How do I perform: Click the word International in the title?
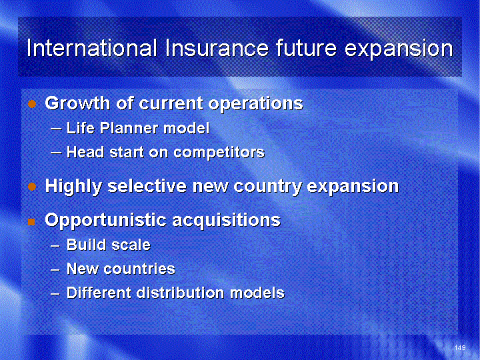pyautogui.click(x=92, y=48)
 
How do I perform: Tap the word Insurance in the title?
pyautogui.click(x=217, y=48)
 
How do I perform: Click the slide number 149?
pyautogui.click(x=460, y=347)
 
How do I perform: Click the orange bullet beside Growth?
pyautogui.click(x=32, y=104)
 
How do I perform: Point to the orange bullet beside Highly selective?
pyautogui.click(x=32, y=187)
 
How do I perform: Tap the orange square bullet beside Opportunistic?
pyautogui.click(x=31, y=221)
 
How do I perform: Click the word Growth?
pyautogui.click(x=78, y=103)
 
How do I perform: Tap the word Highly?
pyautogui.click(x=73, y=187)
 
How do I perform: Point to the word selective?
pyautogui.click(x=147, y=185)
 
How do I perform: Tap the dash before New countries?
pyautogui.click(x=55, y=270)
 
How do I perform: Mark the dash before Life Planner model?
pyautogui.click(x=55, y=129)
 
